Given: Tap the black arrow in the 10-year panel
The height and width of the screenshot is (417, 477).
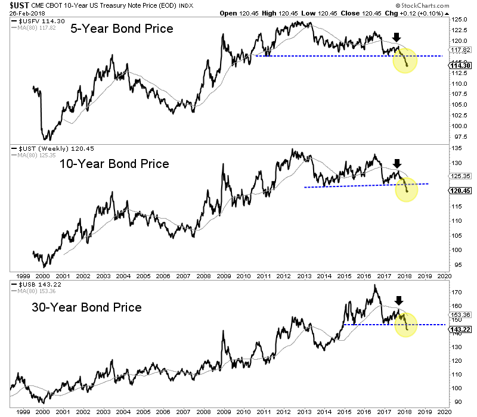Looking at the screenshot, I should point(398,163).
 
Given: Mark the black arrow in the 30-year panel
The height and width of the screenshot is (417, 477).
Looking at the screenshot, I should point(399,301).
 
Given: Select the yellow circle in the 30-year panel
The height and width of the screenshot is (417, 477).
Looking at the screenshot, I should point(405,325).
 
